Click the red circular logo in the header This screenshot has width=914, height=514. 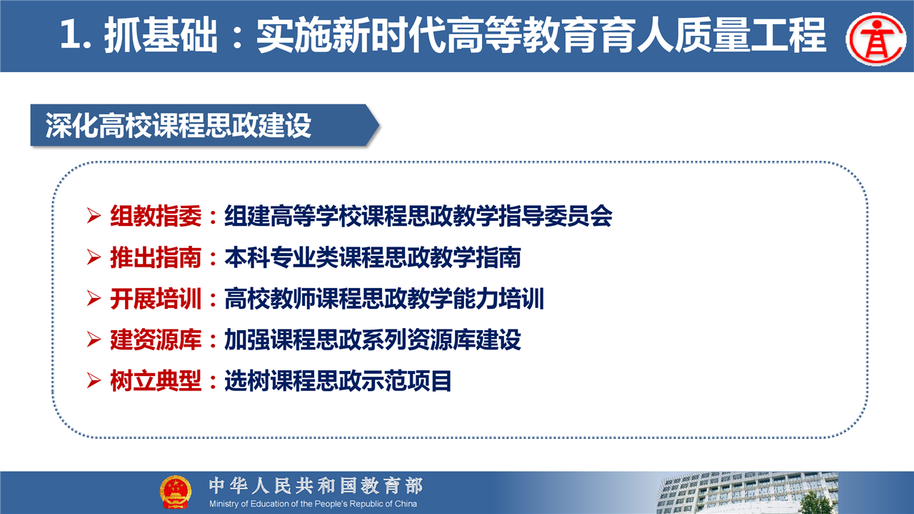click(876, 39)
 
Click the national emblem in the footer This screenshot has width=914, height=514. click(176, 492)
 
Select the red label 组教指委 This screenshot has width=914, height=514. click(156, 216)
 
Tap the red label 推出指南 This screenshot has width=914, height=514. click(156, 257)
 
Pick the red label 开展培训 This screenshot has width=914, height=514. click(156, 299)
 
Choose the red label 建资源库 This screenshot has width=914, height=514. click(156, 340)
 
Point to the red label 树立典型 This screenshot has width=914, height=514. click(156, 381)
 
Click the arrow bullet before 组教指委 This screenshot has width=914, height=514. click(94, 216)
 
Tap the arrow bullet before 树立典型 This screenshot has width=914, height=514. click(94, 381)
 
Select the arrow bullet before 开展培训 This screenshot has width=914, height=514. click(94, 298)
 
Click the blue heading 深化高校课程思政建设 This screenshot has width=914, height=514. click(179, 125)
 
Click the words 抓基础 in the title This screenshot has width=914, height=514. click(161, 36)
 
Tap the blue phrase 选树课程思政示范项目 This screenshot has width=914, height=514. click(338, 381)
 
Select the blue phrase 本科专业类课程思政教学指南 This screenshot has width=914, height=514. click(373, 257)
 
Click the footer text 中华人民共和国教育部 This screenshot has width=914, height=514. click(316, 486)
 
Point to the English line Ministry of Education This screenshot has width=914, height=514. click(313, 504)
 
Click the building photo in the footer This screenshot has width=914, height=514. click(748, 493)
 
